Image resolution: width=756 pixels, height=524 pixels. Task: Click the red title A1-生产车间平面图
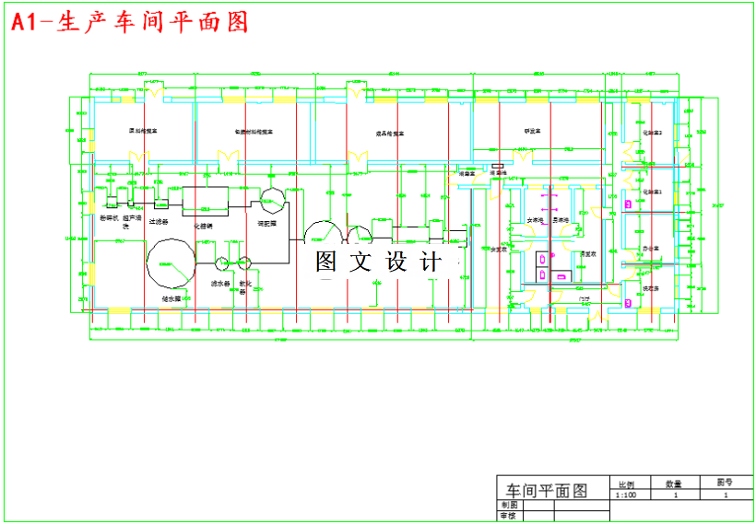(x=130, y=23)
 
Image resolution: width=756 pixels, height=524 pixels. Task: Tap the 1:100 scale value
(x=625, y=495)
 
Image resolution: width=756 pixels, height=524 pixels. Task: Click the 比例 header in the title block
(x=625, y=483)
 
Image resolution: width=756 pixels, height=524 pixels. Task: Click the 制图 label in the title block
(x=510, y=506)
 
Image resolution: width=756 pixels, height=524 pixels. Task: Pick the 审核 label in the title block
(x=510, y=517)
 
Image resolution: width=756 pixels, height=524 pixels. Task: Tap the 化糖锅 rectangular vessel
(x=205, y=200)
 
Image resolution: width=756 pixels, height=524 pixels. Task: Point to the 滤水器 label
(x=220, y=284)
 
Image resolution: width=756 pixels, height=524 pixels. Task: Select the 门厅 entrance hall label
(x=584, y=299)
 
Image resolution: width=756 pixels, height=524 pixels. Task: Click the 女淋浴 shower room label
(x=535, y=221)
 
